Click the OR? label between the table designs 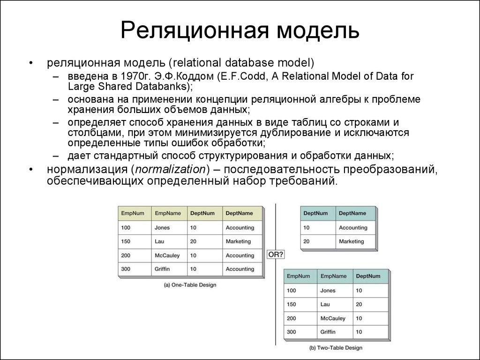pos(275,255)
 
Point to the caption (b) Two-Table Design pos(336,348)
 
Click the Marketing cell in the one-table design pos(238,241)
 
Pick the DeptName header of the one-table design pos(239,213)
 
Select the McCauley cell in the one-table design pos(167,255)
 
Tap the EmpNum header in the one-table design pos(133,213)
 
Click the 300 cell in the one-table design pos(126,269)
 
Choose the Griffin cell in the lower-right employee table pos(328,332)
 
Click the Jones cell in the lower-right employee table pos(328,291)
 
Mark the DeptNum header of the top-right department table pos(315,213)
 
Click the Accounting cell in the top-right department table pos(353,227)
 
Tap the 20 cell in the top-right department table pos(307,241)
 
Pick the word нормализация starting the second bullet pos(87,169)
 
